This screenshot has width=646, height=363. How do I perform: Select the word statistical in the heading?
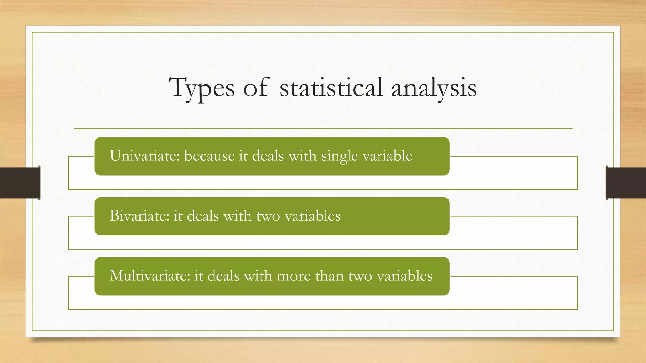pyautogui.click(x=331, y=88)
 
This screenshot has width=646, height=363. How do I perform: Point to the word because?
pyautogui.click(x=209, y=156)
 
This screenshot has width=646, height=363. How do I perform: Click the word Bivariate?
pyautogui.click(x=139, y=216)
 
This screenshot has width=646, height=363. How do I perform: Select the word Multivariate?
pyautogui.click(x=150, y=276)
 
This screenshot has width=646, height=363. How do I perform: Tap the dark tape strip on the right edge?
pyautogui.click(x=626, y=183)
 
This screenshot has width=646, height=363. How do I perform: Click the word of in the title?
pyautogui.click(x=255, y=88)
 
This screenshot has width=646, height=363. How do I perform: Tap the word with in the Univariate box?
pyautogui.click(x=302, y=156)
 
